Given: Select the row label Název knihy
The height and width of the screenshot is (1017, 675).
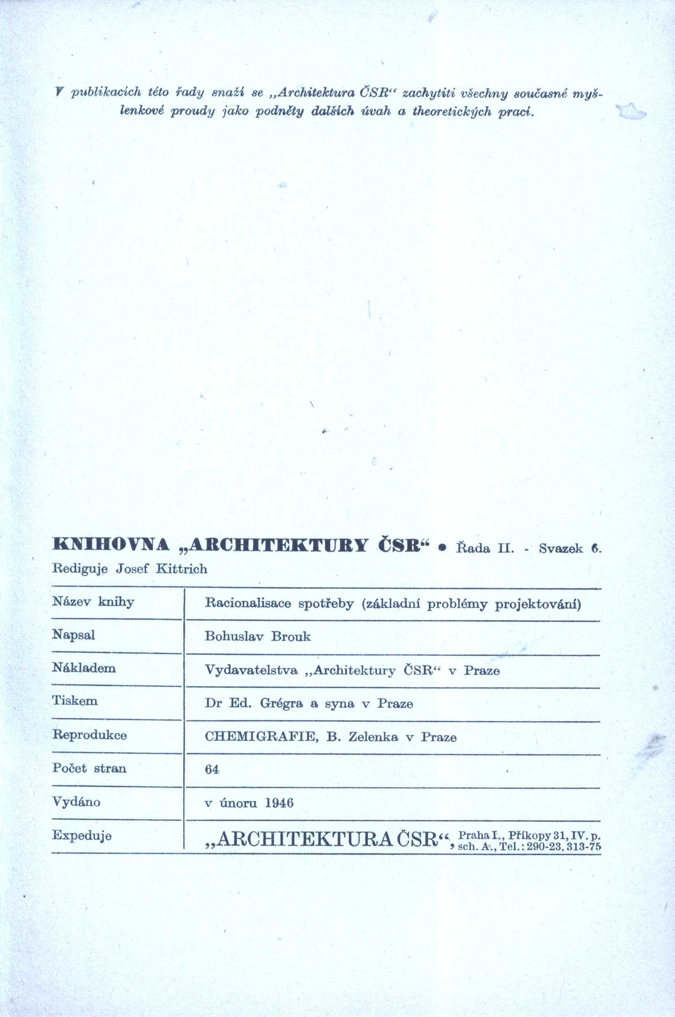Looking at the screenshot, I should (93, 601).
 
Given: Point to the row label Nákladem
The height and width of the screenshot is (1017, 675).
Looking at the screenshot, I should (84, 668).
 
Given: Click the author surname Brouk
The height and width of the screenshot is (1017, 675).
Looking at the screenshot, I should (291, 636).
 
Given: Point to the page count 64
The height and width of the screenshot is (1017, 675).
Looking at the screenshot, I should (212, 770).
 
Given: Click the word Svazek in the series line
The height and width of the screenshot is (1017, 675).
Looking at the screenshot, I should (561, 548).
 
